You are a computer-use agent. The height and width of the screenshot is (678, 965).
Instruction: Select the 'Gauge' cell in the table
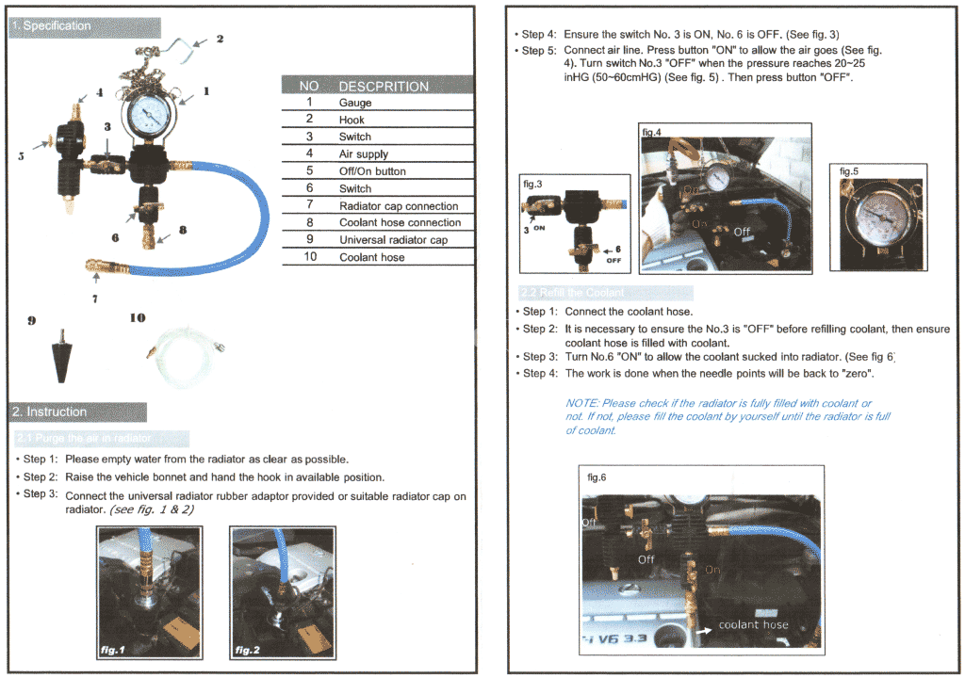355,103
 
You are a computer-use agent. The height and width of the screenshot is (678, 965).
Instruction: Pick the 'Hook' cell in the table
352,120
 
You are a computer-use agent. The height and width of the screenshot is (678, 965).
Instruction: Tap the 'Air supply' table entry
364,153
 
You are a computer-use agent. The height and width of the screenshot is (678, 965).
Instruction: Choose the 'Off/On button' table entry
372,171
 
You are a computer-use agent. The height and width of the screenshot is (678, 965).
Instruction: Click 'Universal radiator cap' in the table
393,239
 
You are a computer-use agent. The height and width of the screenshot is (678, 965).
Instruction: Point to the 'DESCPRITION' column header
383,86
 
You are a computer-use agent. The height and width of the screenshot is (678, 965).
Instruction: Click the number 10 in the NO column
309,257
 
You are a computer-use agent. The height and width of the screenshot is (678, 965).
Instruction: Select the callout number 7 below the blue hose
94,299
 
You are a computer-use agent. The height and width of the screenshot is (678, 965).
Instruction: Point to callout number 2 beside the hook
220,39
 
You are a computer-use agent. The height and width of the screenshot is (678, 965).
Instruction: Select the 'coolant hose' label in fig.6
753,624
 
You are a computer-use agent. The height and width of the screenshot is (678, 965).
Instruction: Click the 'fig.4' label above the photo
652,133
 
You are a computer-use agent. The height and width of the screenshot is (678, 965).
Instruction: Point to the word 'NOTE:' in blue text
581,403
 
